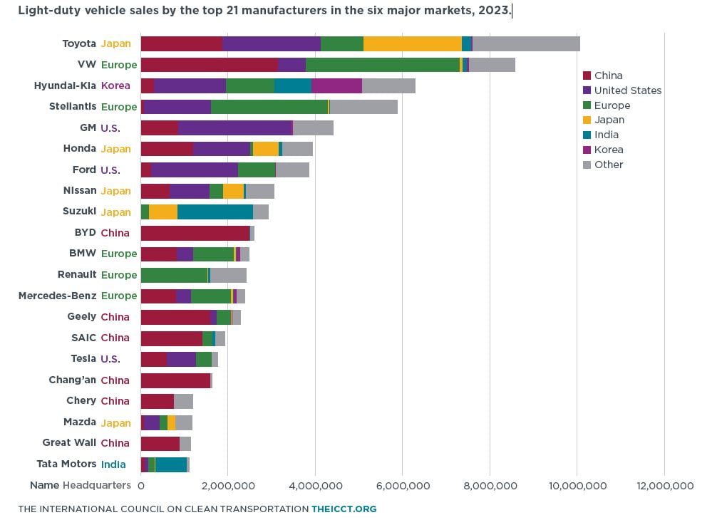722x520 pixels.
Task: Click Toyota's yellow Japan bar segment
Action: coord(413,43)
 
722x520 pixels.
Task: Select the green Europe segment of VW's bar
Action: coord(383,65)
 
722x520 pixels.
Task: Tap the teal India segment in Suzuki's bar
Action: coord(215,212)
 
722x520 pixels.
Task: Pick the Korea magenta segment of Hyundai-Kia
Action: coord(336,85)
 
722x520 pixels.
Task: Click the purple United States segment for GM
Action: coord(235,128)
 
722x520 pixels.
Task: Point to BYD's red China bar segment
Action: coord(195,234)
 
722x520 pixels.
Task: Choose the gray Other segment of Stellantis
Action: coord(363,107)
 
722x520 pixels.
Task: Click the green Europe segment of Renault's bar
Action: coord(174,275)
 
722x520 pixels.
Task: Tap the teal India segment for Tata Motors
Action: coord(171,464)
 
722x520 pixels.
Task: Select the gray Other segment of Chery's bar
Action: coord(183,401)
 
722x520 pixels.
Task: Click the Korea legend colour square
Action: coord(587,150)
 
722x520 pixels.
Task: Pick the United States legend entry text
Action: coord(628,90)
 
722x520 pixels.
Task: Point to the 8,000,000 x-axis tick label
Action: coord(490,486)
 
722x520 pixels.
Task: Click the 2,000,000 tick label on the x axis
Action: coord(228,486)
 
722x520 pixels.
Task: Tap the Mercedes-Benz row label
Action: coord(57,296)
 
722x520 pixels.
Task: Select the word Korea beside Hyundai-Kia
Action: coord(115,85)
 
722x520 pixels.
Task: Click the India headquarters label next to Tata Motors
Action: coord(113,464)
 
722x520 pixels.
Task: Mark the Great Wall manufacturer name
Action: coord(69,442)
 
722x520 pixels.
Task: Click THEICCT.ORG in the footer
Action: coord(344,509)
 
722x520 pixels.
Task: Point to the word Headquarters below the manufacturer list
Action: coord(97,485)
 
